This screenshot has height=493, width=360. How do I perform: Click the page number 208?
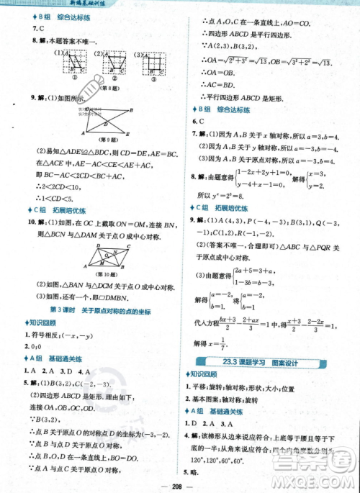pyautogui.click(x=181, y=484)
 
